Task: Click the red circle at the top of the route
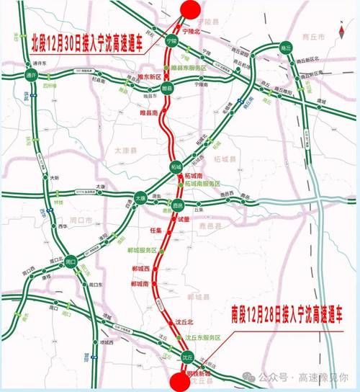point(189,9)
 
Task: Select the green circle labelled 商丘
point(286,49)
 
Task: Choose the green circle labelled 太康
point(141,197)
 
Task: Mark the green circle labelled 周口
point(71,262)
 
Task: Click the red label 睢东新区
point(148,74)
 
